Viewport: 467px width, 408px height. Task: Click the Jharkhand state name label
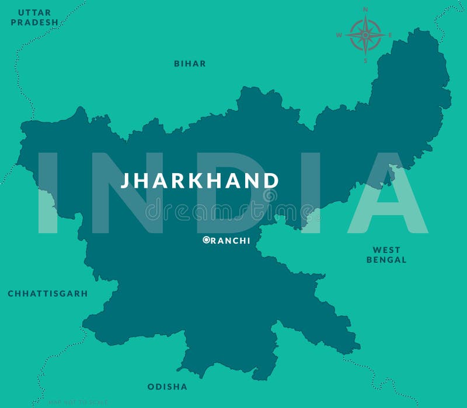point(200,181)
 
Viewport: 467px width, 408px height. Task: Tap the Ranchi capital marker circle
point(206,240)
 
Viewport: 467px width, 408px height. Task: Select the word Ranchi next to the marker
point(230,240)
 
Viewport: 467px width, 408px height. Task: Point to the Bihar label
point(190,64)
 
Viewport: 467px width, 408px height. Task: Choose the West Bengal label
point(386,255)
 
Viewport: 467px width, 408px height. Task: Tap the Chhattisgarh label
point(48,294)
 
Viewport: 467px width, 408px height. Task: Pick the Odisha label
point(168,386)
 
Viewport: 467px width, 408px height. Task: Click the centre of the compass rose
point(365,35)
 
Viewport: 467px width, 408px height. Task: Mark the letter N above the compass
point(365,9)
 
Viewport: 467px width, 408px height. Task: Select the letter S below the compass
point(365,61)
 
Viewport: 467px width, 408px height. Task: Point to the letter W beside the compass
point(339,35)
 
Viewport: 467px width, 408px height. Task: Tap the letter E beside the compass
point(391,35)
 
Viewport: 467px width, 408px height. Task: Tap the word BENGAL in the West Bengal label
point(386,260)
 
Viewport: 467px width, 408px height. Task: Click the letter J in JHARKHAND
point(125,181)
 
